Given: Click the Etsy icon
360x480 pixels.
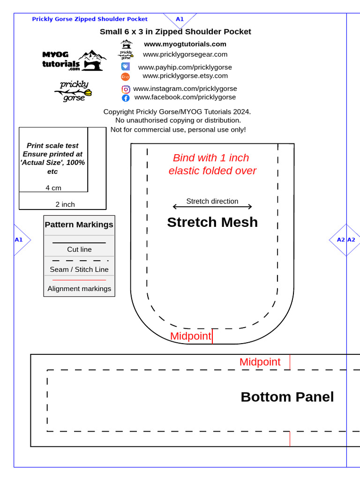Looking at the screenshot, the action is [125, 76].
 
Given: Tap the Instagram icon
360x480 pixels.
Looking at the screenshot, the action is [126, 89].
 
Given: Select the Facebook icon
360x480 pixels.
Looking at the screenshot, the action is [126, 98].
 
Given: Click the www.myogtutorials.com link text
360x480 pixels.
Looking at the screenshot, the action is [185, 44].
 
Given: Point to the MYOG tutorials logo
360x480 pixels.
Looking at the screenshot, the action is [75, 60].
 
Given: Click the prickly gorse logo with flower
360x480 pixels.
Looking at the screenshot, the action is [74, 91].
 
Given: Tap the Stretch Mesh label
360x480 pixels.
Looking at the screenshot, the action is [212, 222].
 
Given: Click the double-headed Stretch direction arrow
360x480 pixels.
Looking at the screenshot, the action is [212, 207].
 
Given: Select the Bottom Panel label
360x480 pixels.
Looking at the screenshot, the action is [287, 397].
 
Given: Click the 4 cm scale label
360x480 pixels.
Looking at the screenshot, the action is [53, 188].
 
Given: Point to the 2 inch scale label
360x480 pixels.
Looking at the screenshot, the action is [65, 204].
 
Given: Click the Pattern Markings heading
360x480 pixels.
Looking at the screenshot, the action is [79, 225].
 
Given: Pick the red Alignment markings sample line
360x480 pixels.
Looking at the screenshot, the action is [79, 280].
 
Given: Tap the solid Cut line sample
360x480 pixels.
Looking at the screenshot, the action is [79, 243].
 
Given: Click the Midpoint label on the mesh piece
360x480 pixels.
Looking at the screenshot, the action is [191, 336].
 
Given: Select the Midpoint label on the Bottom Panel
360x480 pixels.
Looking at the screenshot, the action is [260, 362].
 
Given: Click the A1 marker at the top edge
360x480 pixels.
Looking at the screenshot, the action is [180, 19].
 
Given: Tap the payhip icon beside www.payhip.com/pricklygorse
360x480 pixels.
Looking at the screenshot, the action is [126, 67].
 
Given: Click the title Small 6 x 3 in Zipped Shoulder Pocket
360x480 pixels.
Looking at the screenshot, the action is [175, 32].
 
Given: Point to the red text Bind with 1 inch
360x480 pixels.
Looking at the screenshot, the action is [211, 158].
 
